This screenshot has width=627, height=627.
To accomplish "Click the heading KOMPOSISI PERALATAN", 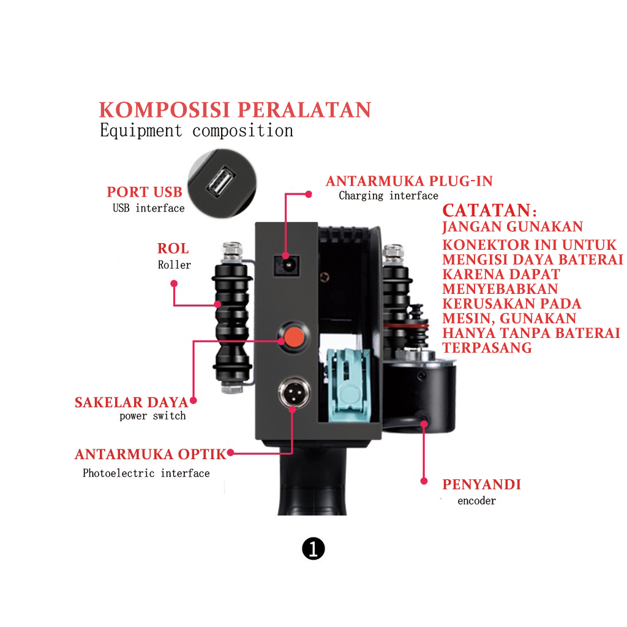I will point(235,110).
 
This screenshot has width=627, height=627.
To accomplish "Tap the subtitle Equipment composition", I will point(197,130).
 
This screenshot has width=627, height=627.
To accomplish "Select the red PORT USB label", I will point(145,192).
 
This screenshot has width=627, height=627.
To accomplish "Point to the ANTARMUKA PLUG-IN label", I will point(409,181).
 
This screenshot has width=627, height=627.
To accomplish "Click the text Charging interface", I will point(389,196).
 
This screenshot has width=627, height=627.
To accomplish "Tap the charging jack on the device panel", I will point(287,264).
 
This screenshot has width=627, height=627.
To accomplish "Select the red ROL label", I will point(173,249).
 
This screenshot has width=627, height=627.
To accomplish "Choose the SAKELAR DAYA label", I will point(131,402).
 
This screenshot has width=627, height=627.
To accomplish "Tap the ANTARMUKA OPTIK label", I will point(151,454).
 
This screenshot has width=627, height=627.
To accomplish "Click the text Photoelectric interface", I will point(146,473).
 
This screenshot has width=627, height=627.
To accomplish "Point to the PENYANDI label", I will point(482,485).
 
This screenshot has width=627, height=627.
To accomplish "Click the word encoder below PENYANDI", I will point(477,501).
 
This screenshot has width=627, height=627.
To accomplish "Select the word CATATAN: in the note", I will point(490,211).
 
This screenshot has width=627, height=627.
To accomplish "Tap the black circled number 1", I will point(313,549).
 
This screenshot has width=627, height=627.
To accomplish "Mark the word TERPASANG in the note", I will point(487,348).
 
